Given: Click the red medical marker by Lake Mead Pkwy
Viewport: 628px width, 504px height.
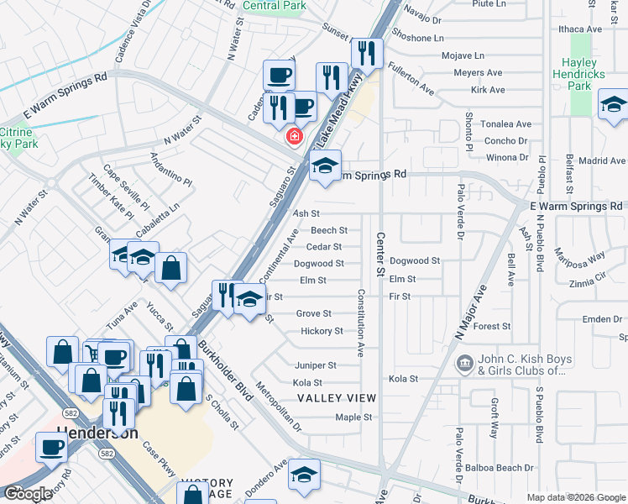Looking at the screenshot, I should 294,136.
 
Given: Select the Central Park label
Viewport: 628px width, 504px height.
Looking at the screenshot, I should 274,5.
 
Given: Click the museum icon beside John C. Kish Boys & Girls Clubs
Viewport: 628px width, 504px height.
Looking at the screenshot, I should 463,364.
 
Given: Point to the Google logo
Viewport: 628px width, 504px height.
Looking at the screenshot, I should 27,494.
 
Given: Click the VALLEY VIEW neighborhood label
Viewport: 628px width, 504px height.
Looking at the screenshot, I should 336,397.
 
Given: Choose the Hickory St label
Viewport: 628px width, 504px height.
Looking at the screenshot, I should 322,331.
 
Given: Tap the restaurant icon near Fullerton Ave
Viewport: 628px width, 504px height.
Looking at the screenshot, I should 366,53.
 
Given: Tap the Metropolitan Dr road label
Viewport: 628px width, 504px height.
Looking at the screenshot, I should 279,406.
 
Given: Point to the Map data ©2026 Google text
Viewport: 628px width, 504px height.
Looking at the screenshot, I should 576,497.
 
